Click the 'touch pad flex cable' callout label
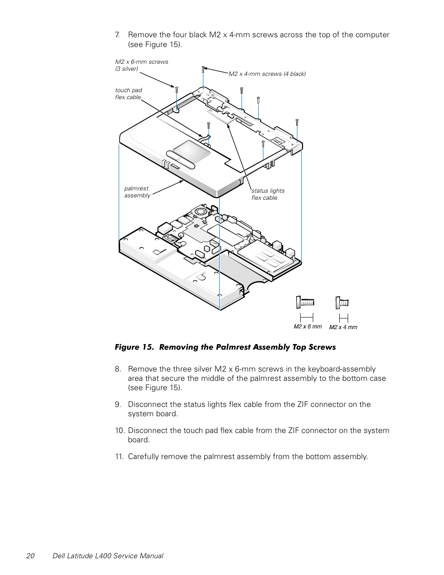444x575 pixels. pos(128,94)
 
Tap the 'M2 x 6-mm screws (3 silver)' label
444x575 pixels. pos(141,65)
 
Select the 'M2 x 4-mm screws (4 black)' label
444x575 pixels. pos(267,74)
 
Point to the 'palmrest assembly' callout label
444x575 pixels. pos(137,192)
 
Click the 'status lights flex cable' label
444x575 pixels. pos(268,194)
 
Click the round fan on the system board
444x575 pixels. pos(202,212)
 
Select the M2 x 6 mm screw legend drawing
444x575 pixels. pos(305,303)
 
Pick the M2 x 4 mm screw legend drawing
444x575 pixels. pos(342,303)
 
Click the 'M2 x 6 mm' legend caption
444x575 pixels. pos(308,326)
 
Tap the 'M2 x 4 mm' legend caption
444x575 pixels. pos(343,327)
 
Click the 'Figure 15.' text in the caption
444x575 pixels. pos(135,347)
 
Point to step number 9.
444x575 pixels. pos(118,404)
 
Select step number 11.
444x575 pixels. pos(119,456)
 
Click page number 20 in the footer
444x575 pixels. pos(30,555)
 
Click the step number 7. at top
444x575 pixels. pos(117,34)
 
